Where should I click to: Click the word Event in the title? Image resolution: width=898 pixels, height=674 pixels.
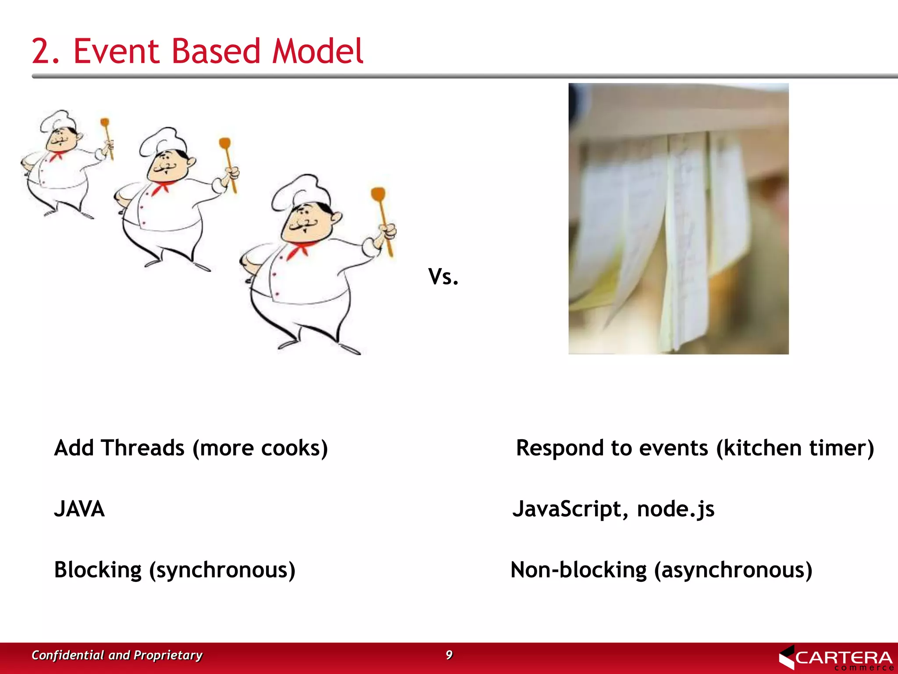pyautogui.click(x=118, y=51)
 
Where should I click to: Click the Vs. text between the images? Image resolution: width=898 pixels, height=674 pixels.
pyautogui.click(x=443, y=277)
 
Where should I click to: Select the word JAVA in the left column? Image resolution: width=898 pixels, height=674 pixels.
pyautogui.click(x=79, y=509)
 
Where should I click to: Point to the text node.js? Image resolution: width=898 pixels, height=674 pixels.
pyautogui.click(x=676, y=509)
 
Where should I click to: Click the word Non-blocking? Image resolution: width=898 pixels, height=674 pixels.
pyautogui.click(x=578, y=570)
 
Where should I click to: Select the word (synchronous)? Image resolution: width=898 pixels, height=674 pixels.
pyautogui.click(x=222, y=570)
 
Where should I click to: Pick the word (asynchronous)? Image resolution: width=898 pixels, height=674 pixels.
pyautogui.click(x=733, y=570)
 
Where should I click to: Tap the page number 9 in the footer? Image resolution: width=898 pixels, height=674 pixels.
pyautogui.click(x=449, y=655)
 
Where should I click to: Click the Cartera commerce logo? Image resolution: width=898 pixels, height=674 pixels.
pyautogui.click(x=836, y=658)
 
